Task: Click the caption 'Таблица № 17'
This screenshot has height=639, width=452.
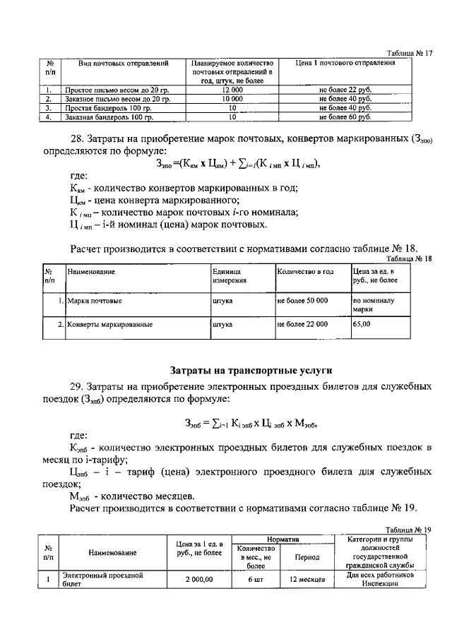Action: point(410,54)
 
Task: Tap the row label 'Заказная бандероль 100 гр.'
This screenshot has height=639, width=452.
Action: point(108,117)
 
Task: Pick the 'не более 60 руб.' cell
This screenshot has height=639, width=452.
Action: point(345,117)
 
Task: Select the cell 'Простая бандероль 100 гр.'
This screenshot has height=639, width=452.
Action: point(107,109)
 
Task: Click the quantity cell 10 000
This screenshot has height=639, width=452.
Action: point(232,100)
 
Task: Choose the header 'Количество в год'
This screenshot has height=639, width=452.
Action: point(305,271)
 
